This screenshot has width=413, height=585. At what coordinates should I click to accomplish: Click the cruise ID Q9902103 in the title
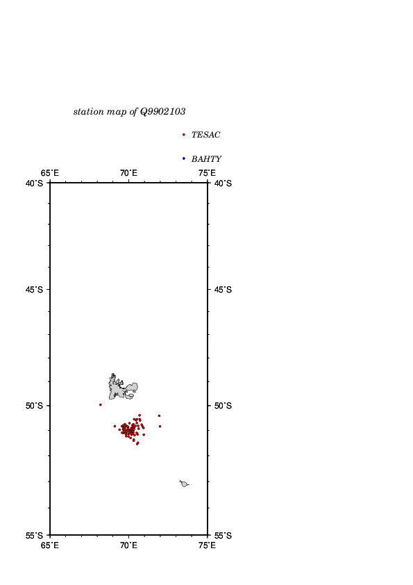coord(162,112)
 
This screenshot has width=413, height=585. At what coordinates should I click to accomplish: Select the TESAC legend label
coord(205,135)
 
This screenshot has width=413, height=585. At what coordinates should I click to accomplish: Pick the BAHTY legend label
coord(206,159)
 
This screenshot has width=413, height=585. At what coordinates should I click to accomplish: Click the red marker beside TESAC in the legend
coord(183,135)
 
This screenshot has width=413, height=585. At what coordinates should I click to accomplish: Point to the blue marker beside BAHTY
coord(183,158)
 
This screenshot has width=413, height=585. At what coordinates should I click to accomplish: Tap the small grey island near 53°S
coord(184,484)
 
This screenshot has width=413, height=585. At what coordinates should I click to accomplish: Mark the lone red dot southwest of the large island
coord(100,405)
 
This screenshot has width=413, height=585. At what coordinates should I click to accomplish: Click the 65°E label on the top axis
coord(49,173)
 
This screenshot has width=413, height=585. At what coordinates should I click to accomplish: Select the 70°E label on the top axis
coord(128,173)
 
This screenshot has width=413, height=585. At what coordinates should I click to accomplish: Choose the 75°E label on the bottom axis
coord(207,545)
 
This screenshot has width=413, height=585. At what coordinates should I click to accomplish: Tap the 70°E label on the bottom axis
coord(128,545)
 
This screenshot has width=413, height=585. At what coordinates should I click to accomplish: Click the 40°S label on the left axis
coord(34,183)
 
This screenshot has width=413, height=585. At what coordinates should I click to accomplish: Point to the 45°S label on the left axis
coord(34,290)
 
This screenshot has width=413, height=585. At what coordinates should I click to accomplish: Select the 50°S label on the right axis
coord(223,406)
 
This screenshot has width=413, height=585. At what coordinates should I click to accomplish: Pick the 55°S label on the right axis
coord(223,536)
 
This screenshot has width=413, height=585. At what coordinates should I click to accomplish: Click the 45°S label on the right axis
coord(223,290)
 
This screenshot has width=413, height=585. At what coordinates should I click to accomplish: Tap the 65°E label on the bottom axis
coord(49,545)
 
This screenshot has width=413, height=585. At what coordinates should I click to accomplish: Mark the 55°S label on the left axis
coord(34,536)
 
